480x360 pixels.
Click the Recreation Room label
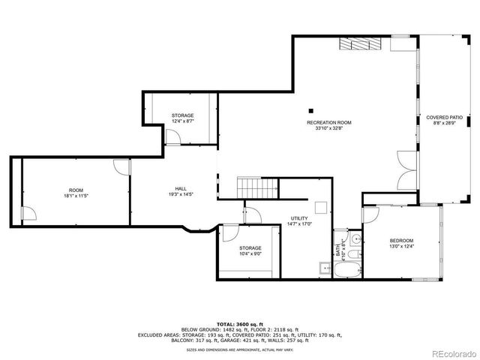click(328, 122)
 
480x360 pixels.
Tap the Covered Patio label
click(444, 118)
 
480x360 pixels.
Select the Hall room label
click(181, 189)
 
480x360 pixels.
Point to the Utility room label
click(299, 218)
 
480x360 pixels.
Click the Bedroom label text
click(401, 241)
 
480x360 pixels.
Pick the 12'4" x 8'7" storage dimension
click(182, 121)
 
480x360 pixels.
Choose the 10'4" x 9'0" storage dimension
click(250, 253)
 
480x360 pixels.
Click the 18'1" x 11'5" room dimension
click(75, 196)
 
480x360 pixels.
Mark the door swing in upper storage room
click(172, 136)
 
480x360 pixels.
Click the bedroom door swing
click(370, 215)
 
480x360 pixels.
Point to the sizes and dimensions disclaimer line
click(239, 349)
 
